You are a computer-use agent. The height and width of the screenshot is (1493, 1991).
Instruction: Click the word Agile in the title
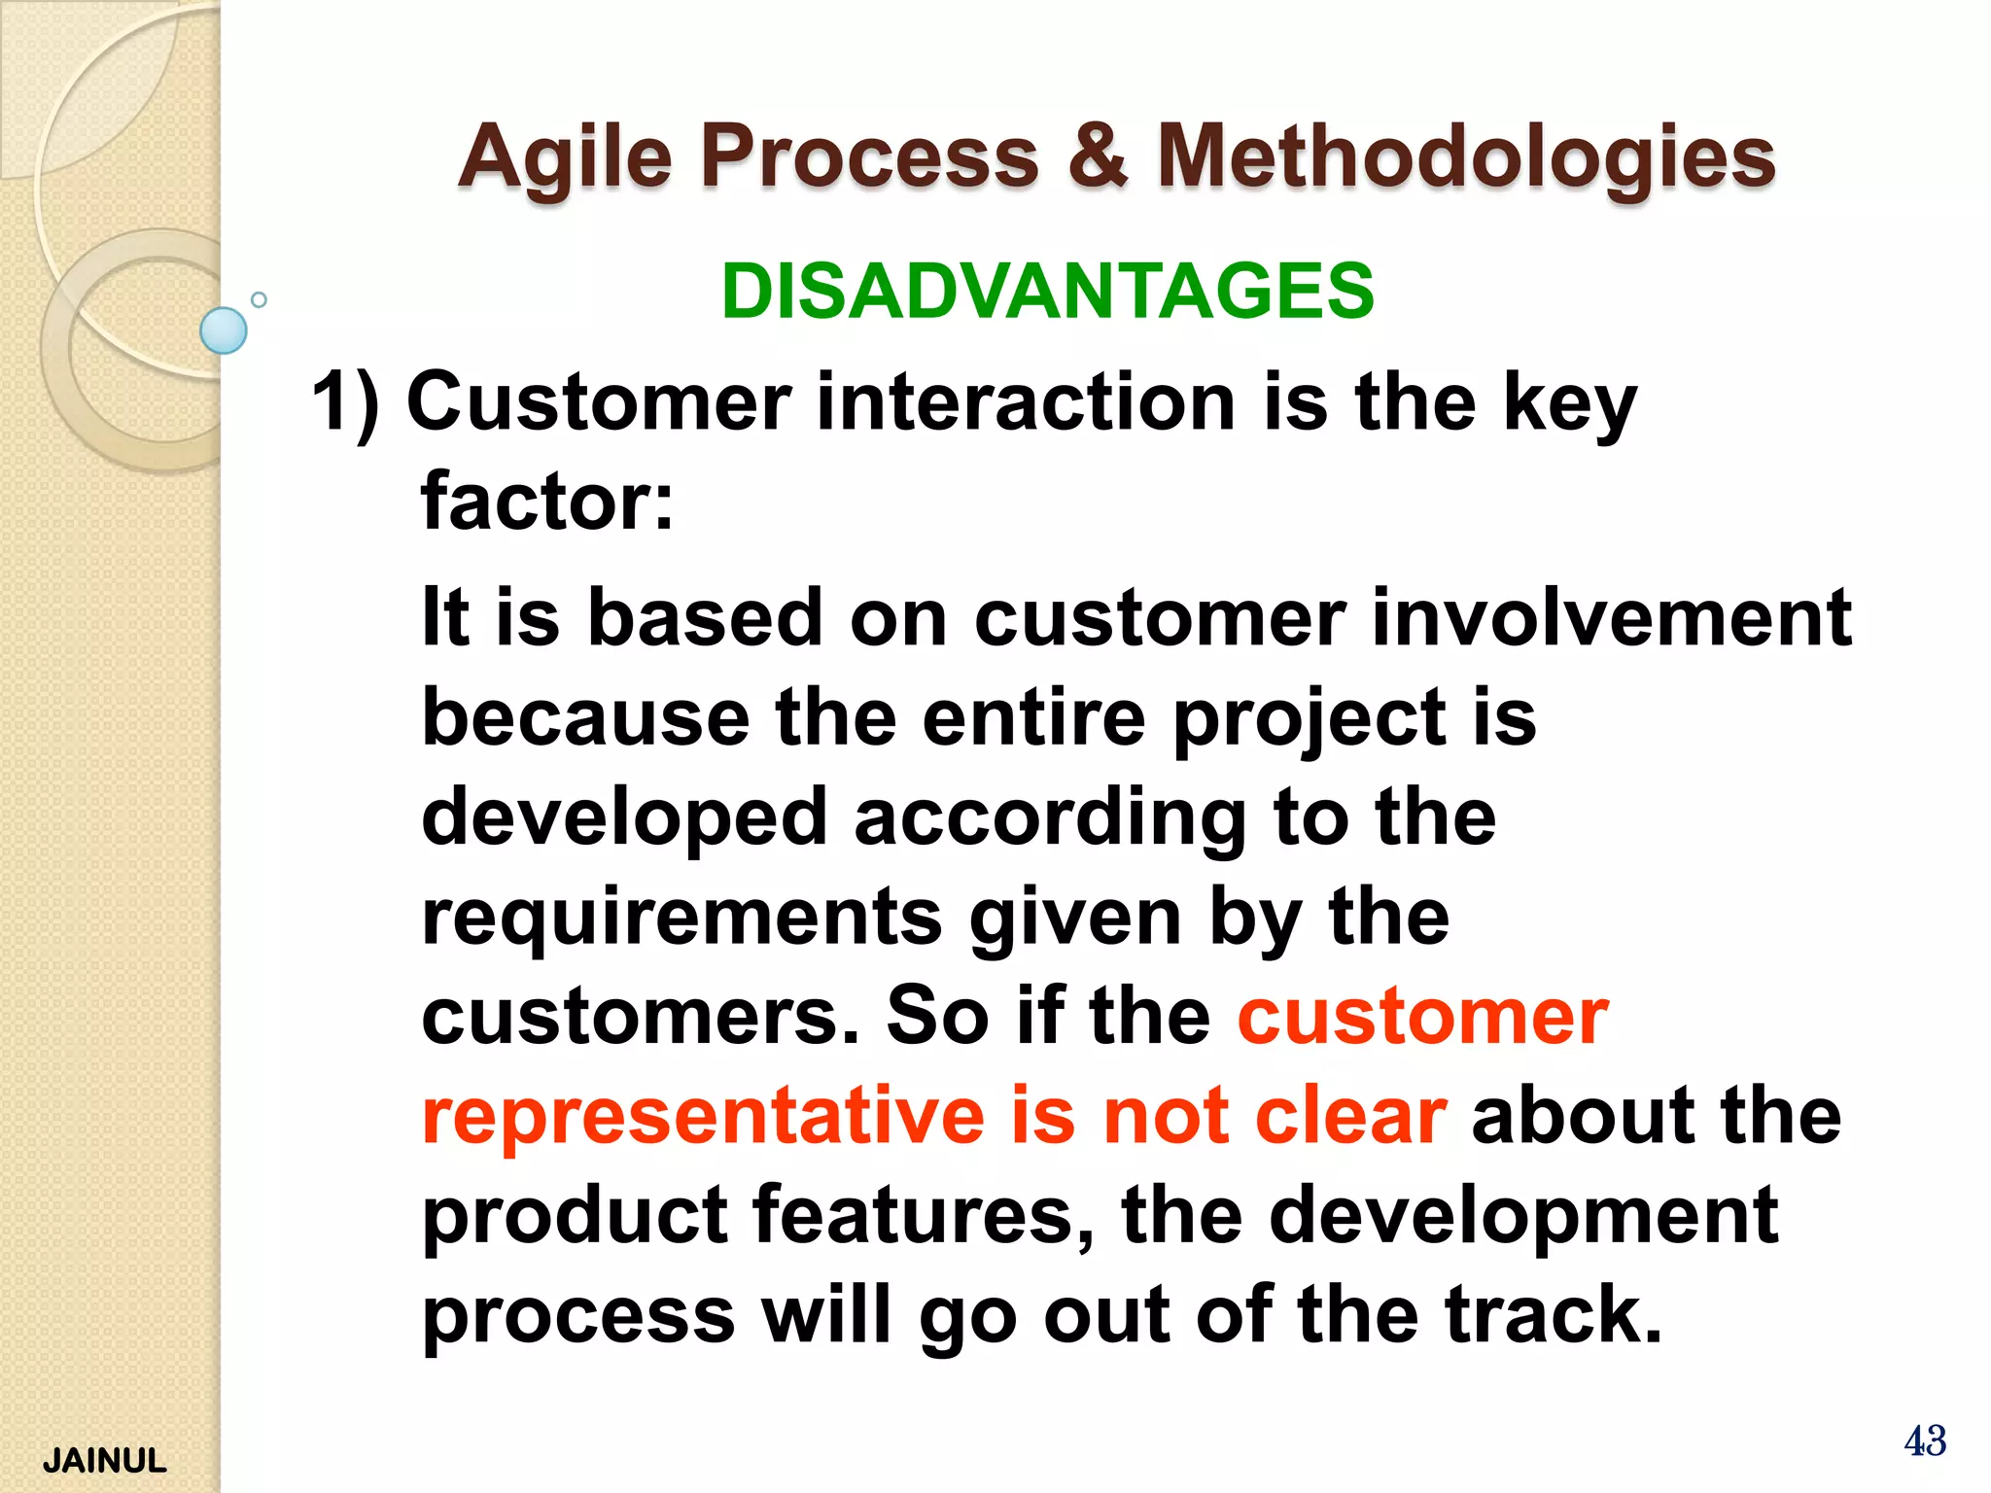tap(565, 158)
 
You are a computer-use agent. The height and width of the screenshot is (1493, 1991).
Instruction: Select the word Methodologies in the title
tap(1466, 158)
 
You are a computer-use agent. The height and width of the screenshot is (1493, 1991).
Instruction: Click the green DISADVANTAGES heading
tap(1047, 292)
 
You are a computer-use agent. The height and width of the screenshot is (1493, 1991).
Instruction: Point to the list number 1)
tap(345, 403)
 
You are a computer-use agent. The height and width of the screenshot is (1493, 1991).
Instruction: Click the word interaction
tap(1026, 402)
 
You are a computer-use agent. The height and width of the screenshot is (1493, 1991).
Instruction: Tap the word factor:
tap(546, 502)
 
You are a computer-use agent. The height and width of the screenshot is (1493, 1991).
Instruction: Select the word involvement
tap(1611, 617)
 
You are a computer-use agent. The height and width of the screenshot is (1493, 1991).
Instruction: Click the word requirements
tap(681, 918)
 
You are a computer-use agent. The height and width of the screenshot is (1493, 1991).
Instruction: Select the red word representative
tap(704, 1116)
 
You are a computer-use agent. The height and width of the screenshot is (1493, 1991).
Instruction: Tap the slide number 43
tap(1924, 1441)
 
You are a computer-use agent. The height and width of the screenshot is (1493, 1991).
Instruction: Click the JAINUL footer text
tap(105, 1460)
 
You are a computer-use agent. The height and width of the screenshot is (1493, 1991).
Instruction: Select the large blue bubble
tap(224, 330)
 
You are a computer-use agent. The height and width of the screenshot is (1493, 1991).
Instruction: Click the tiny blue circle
tap(259, 299)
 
